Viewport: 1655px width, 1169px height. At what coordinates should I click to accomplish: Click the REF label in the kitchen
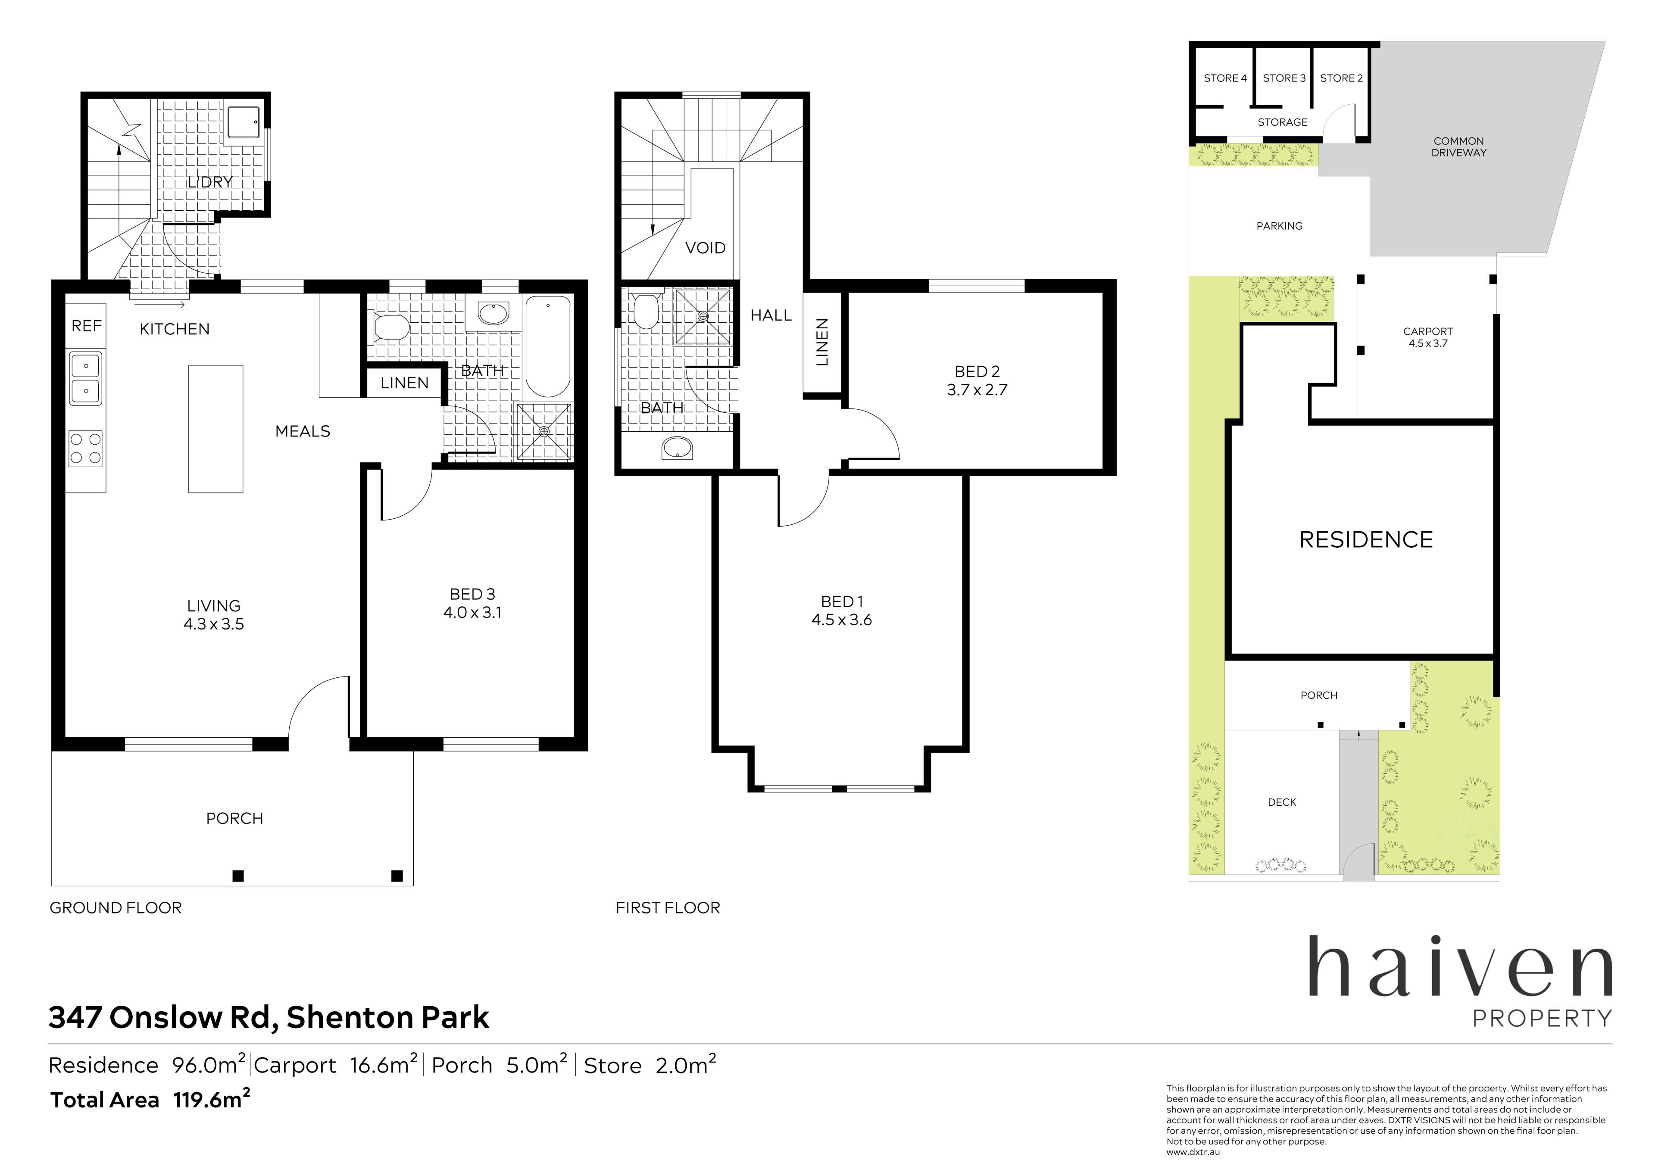tap(87, 327)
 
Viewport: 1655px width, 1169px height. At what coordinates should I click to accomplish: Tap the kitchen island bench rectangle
tap(215, 429)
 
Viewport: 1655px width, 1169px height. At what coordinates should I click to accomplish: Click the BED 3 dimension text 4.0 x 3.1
tap(472, 613)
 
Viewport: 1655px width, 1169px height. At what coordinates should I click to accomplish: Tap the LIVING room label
tap(214, 606)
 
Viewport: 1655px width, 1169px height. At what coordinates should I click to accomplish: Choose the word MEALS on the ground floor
tap(303, 432)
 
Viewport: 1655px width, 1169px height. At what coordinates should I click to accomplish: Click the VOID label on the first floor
tap(705, 248)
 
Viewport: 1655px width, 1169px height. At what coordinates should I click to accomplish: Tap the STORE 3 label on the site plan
tap(1284, 78)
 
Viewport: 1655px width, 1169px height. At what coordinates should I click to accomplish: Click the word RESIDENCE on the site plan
tap(1365, 540)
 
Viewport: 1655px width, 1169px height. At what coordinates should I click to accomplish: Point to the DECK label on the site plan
tap(1282, 802)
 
